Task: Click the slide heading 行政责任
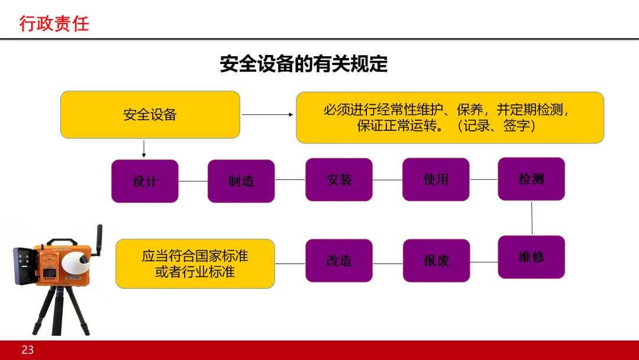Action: (54, 24)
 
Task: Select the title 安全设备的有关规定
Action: (304, 64)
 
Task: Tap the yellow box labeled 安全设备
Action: (150, 115)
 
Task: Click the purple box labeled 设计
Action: (145, 181)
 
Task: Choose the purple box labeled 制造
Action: (241, 181)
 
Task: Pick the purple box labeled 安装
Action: (339, 179)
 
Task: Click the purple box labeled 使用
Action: (436, 179)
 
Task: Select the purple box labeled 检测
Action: (531, 179)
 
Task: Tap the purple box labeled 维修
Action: (531, 257)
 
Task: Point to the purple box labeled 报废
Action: (436, 261)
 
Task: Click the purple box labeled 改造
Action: (339, 261)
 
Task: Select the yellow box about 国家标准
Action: (195, 264)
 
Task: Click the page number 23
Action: (28, 350)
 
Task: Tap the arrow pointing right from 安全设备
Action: (267, 114)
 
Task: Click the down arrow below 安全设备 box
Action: (144, 149)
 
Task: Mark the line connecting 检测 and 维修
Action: (532, 218)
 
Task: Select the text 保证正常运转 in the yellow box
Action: (396, 126)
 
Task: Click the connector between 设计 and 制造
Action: (193, 181)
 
